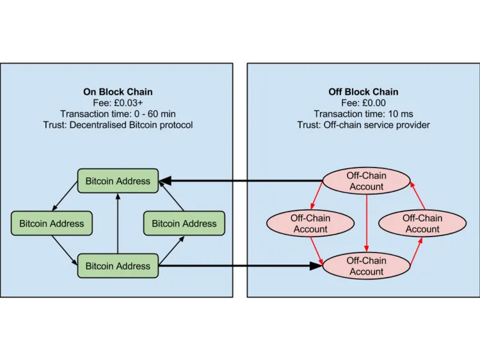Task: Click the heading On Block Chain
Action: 118,92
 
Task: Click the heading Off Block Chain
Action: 364,92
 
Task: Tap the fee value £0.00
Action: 374,103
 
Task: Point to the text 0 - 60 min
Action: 155,114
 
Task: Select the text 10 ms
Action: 401,114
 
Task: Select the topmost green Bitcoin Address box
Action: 118,181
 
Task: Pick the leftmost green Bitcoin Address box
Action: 51,223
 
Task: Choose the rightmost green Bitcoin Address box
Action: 184,223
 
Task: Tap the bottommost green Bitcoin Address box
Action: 118,266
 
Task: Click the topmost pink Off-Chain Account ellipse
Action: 367,181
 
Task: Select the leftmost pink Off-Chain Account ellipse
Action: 310,223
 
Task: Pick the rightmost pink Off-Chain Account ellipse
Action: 422,223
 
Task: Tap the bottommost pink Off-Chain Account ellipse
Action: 367,266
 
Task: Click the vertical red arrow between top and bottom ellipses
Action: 367,223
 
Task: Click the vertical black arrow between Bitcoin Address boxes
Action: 118,223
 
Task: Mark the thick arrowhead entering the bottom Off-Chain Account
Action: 316,266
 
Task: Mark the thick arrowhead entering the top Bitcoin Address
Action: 165,181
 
